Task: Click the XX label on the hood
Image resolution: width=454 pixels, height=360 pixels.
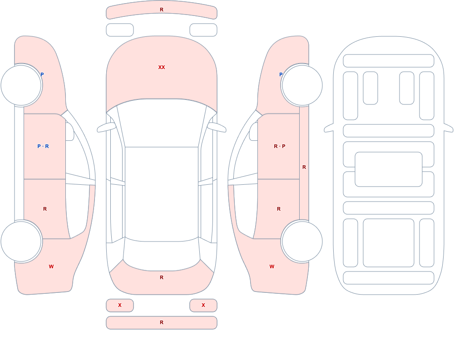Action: coord(162,67)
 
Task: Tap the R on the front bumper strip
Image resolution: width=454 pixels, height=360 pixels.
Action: coord(162,10)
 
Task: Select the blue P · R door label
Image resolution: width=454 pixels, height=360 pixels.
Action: coord(43,146)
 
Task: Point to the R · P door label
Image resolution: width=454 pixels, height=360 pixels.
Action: coord(279,146)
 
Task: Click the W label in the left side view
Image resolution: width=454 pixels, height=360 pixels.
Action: coord(51,266)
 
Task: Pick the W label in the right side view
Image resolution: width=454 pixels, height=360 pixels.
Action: coord(272,266)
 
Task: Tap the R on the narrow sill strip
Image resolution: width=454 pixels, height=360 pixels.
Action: coord(304,167)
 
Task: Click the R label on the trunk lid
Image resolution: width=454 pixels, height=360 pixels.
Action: coord(162,277)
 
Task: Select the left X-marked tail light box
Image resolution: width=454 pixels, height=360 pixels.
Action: coord(120,305)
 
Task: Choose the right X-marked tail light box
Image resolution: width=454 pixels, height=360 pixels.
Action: coord(203,305)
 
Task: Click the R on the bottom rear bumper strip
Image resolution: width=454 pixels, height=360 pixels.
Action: coord(162,322)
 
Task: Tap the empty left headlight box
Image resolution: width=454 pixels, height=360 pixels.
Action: coord(120,30)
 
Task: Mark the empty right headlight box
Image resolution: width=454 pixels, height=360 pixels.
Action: coord(203,30)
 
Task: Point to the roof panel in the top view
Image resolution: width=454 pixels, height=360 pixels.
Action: coord(162,194)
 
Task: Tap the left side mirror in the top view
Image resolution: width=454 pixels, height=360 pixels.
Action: coord(106,128)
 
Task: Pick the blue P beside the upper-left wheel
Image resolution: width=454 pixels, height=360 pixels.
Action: coord(42,74)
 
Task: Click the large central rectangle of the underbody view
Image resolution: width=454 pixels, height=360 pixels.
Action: coord(389,169)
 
